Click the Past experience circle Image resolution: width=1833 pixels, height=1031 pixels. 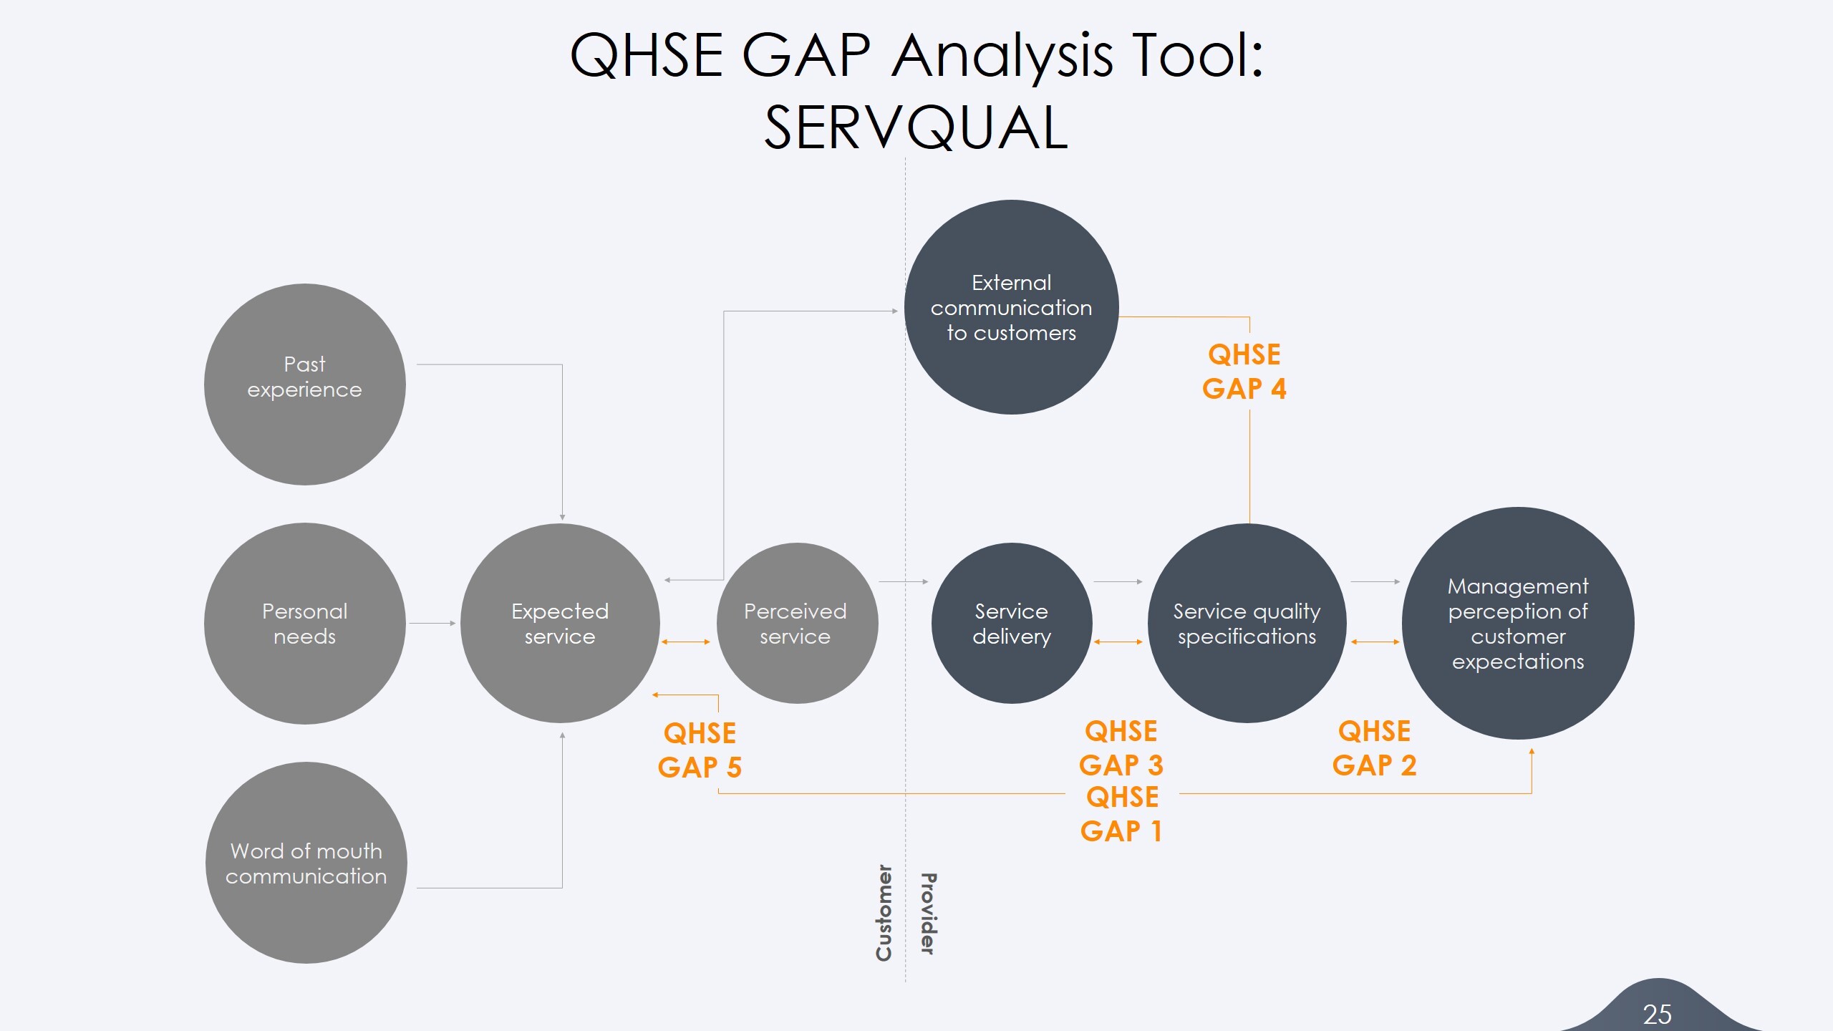(x=304, y=384)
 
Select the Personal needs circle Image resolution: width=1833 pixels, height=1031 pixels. (x=304, y=624)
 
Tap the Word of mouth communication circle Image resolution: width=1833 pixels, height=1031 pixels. (x=306, y=863)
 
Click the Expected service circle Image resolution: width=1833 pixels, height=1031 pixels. (x=560, y=624)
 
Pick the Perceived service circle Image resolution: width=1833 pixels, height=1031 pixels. (x=796, y=624)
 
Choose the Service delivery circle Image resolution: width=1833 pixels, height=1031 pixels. (x=1011, y=624)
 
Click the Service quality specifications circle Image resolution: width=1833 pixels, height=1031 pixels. (x=1247, y=624)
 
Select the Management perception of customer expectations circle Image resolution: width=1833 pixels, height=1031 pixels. (x=1517, y=624)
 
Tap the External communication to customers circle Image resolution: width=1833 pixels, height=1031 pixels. (x=1011, y=308)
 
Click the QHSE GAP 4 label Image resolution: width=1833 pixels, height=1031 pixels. (x=1244, y=372)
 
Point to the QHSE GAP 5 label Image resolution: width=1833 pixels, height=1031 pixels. (x=700, y=750)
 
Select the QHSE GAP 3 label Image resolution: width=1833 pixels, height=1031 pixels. (x=1121, y=748)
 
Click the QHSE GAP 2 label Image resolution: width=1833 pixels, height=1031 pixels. (x=1374, y=748)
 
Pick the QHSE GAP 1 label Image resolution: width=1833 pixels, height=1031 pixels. (x=1121, y=814)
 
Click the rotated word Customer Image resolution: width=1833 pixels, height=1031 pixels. (x=884, y=913)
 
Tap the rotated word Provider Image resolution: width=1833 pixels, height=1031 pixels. (x=928, y=913)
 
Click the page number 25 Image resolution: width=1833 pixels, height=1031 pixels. (x=1657, y=1014)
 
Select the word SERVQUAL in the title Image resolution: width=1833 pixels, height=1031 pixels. (x=916, y=127)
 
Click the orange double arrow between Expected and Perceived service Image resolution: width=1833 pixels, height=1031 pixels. (x=686, y=642)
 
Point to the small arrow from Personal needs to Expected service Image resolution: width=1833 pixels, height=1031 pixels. (x=432, y=624)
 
